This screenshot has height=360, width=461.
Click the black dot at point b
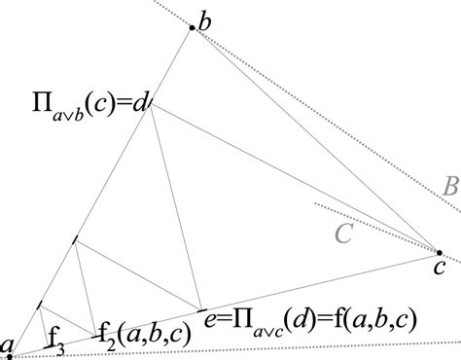tap(193, 29)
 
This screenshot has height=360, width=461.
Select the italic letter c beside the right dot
tap(440, 267)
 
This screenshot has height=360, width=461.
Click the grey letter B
tap(449, 187)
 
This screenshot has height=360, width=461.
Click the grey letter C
tap(343, 234)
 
